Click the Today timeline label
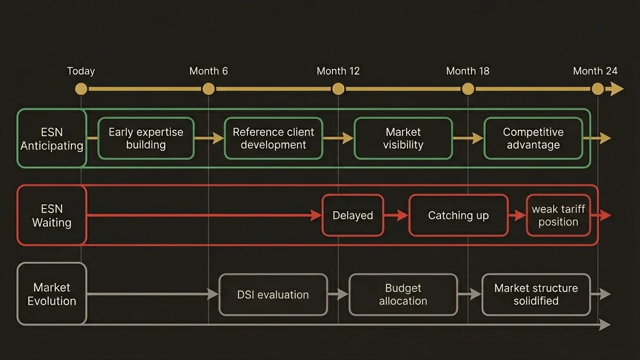coord(81,71)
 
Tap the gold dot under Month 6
coord(209,89)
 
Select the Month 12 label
coord(338,71)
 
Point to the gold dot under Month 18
coord(468,89)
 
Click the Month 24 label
coord(595,71)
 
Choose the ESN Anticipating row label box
coord(52,139)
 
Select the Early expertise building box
coord(146,139)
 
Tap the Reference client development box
coord(273,139)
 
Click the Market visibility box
coord(403,139)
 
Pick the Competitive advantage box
coord(533,139)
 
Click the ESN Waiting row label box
coord(52,215)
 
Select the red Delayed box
coord(353,215)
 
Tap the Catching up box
coord(458,215)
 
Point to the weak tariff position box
coord(558,215)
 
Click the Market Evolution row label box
coord(52,294)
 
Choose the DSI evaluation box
coord(273,294)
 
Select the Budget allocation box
coord(403,294)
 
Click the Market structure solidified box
coord(536,294)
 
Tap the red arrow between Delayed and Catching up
coord(396,215)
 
